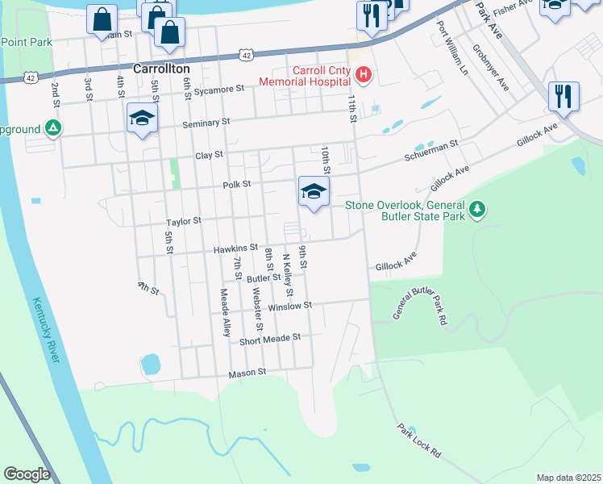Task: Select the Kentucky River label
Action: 46,330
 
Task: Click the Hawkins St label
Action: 235,248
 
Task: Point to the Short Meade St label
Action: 270,339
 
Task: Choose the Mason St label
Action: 247,373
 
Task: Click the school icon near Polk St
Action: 314,191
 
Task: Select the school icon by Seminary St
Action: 142,119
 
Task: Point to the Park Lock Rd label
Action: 418,440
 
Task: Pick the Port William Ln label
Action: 451,46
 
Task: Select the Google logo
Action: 27,474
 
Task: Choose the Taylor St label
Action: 183,221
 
